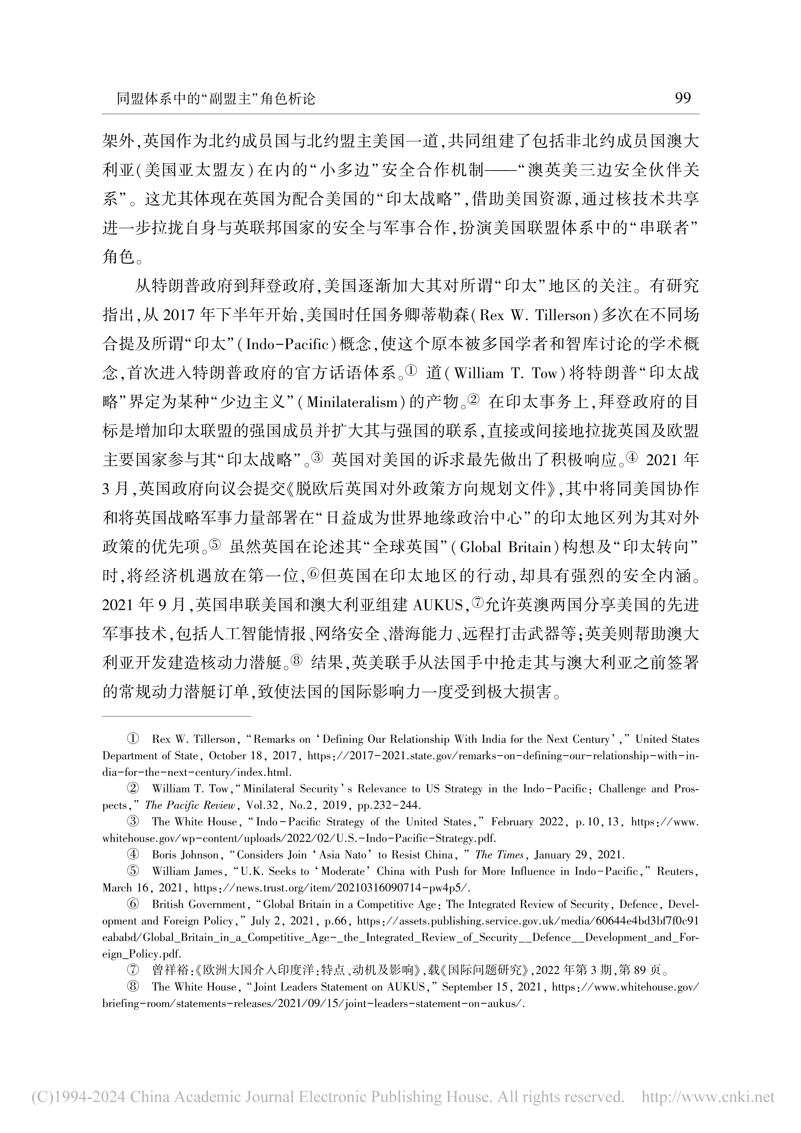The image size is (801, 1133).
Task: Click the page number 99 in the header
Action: point(683,98)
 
